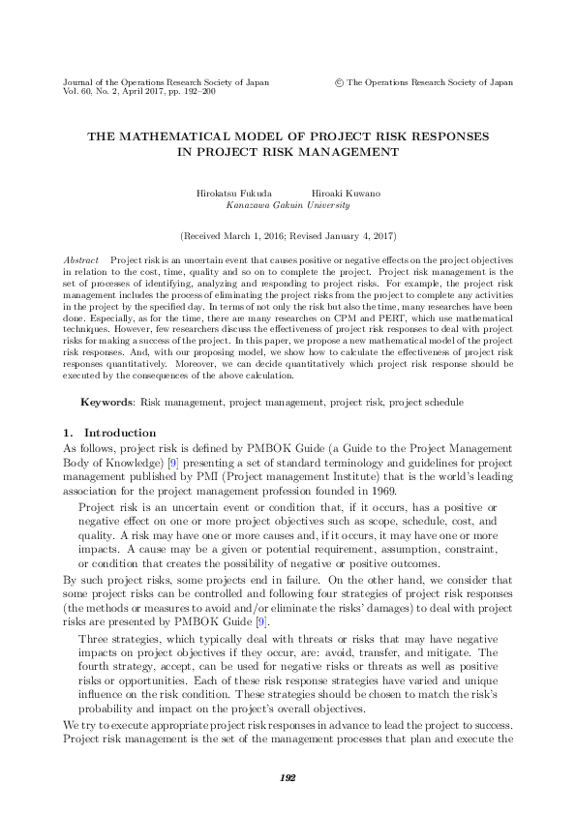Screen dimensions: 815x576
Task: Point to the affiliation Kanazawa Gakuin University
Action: [x=288, y=205]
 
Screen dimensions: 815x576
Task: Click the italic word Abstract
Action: [x=80, y=261]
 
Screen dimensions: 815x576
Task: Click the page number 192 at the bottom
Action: [x=288, y=777]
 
